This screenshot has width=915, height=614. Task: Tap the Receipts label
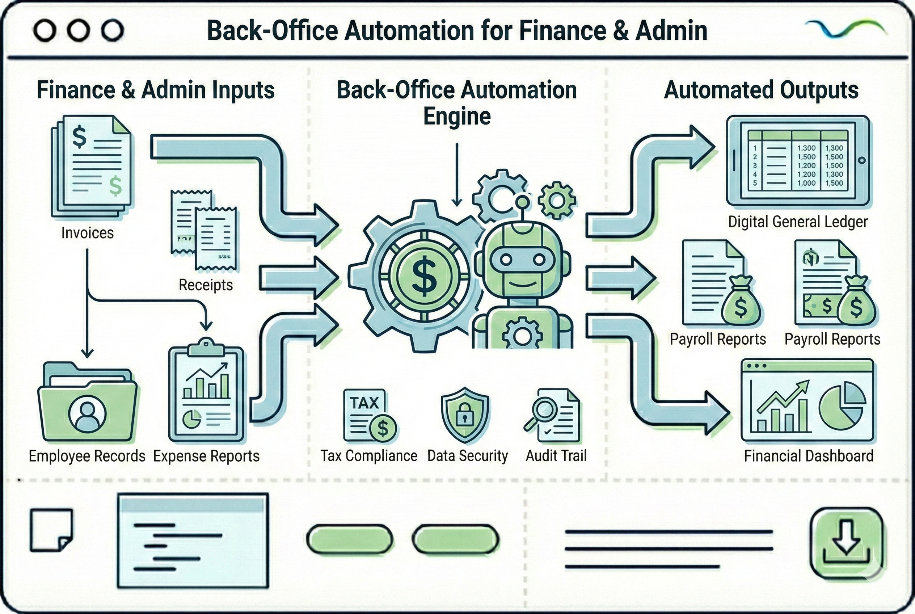point(206,285)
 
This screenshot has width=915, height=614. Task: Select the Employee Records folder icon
point(87,403)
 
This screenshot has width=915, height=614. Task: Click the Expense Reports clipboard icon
point(206,394)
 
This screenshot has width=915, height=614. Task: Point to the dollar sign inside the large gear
point(425,275)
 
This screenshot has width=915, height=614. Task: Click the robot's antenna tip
point(522,202)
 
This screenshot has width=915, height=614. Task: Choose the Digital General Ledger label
point(797,222)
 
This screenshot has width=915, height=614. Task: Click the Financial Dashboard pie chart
point(842,406)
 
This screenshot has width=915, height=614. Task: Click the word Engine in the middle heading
point(457,116)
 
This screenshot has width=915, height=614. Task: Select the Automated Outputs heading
point(761,90)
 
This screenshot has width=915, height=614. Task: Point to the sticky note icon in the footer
point(51,530)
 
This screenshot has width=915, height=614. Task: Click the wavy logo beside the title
point(844,29)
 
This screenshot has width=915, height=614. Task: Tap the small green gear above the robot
point(556,200)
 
